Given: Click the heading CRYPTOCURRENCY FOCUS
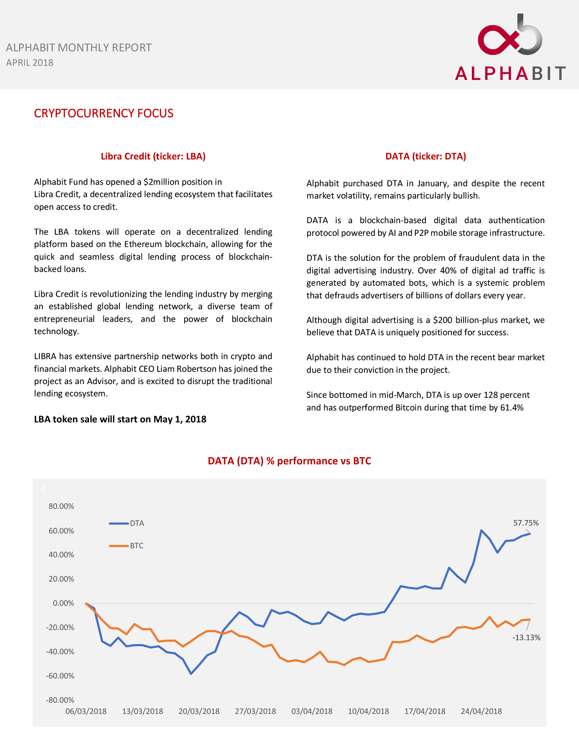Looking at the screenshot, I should click(103, 113).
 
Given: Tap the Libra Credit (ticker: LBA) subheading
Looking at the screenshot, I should click(153, 156).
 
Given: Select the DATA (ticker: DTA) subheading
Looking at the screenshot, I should click(426, 156).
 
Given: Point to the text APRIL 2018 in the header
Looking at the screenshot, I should click(30, 63).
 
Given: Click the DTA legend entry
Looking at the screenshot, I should click(137, 523).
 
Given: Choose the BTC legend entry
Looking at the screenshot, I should click(136, 546).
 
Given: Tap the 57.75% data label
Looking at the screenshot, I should click(526, 523).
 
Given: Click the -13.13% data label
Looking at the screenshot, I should click(526, 638).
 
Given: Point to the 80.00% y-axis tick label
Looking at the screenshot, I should click(61, 506).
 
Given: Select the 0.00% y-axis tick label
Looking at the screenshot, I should click(63, 603).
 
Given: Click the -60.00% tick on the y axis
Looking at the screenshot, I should click(60, 676).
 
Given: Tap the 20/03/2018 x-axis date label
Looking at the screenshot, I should click(199, 711).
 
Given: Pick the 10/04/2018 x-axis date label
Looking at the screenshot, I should click(368, 711).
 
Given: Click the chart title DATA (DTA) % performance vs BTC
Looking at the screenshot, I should click(289, 461).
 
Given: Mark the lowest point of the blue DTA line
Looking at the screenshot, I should click(191, 673).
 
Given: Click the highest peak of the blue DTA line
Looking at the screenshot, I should click(481, 531).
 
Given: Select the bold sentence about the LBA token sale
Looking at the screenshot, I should click(120, 419).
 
